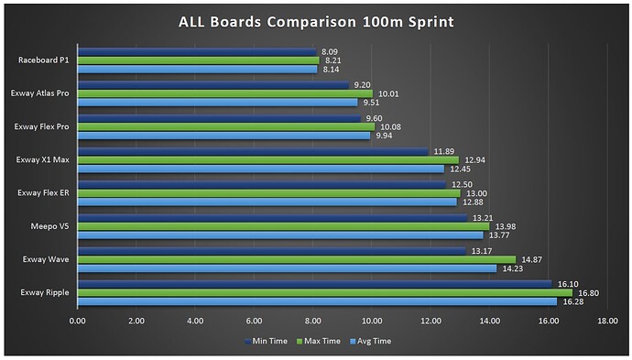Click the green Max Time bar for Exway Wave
tap(296, 259)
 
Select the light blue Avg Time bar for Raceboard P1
tap(197, 70)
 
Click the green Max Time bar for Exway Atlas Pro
tap(224, 93)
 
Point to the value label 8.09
tap(332, 52)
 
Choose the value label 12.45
tap(460, 169)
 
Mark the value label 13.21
tap(482, 218)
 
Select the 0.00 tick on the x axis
tap(77, 321)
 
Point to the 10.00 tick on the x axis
tap(372, 321)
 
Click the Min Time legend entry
tap(267, 341)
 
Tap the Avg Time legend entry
tap(373, 341)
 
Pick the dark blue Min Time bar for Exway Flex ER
tap(261, 185)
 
